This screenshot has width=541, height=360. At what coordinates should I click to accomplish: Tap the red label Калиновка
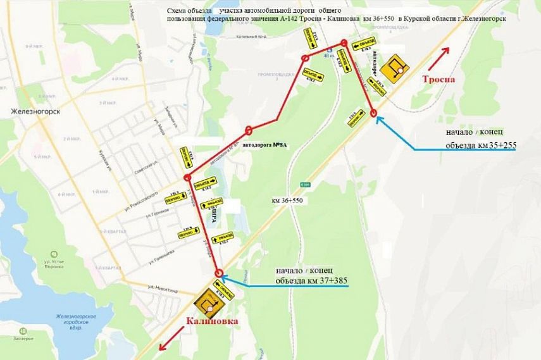213,321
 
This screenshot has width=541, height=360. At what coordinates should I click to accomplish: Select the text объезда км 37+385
311,280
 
